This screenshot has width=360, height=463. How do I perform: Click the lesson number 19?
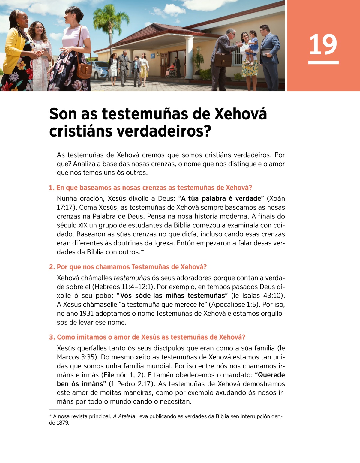tap(323, 45)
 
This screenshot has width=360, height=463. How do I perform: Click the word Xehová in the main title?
tap(241, 114)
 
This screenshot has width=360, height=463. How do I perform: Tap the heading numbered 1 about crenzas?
tap(150, 188)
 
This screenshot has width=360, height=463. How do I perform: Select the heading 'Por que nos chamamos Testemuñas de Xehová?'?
tap(128, 267)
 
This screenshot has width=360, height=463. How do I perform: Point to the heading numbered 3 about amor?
tap(147, 337)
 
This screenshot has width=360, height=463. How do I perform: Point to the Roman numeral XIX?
tap(83, 225)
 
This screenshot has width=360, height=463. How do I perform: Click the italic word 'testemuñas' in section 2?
tap(132, 278)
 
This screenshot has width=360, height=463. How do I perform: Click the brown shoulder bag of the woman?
tap(85, 71)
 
